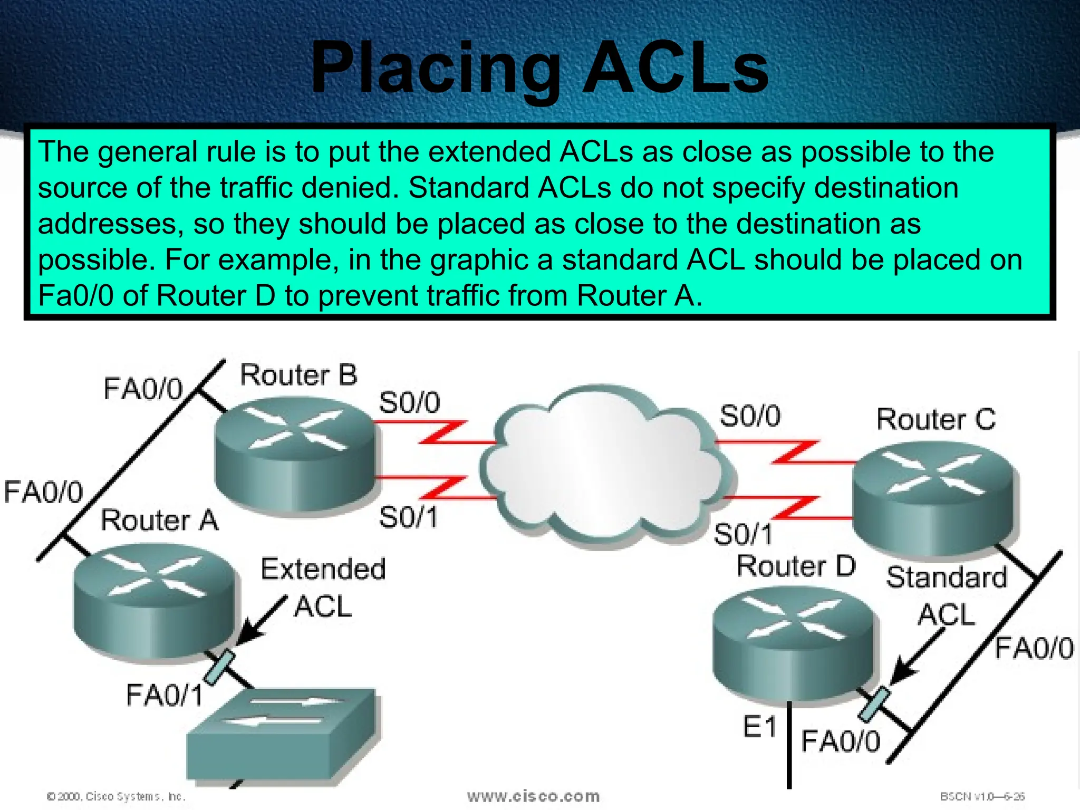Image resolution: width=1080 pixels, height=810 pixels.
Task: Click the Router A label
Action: (159, 520)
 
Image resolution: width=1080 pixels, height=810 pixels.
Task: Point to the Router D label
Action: (795, 566)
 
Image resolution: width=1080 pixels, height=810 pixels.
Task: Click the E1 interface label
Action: (759, 728)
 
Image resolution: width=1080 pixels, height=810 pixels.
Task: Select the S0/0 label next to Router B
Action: (409, 403)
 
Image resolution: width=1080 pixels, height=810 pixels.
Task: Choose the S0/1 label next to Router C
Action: (742, 534)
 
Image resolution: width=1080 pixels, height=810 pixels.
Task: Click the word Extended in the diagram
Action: (323, 570)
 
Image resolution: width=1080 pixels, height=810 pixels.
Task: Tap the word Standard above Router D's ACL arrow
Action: (947, 577)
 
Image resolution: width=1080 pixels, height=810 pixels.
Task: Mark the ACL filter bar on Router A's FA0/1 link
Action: (219, 667)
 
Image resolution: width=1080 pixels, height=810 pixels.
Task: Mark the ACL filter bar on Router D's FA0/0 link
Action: (874, 704)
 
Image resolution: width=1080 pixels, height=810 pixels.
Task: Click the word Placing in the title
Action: (436, 69)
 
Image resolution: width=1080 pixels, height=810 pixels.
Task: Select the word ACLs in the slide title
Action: (675, 69)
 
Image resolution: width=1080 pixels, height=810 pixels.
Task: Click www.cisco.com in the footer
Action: (533, 796)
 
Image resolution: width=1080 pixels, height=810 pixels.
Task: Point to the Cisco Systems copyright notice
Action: (116, 796)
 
